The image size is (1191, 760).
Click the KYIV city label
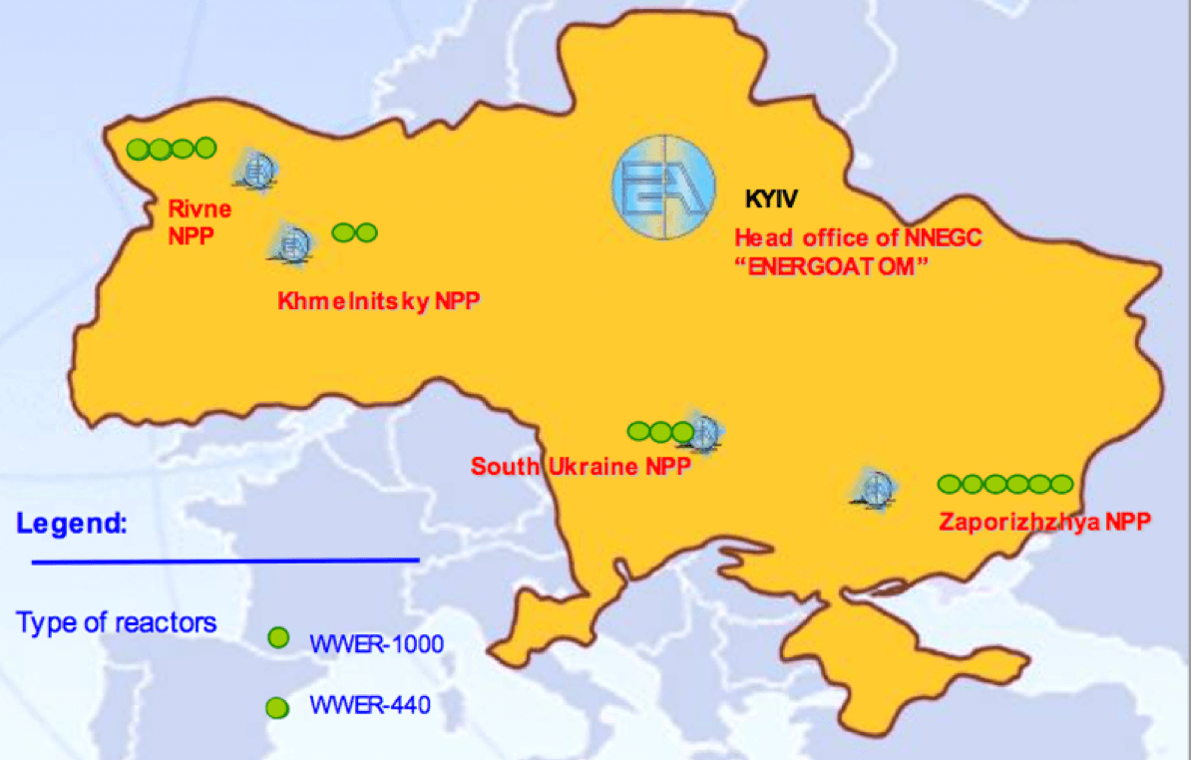(x=772, y=198)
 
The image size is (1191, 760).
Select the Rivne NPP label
(x=199, y=221)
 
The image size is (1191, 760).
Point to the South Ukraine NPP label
(x=581, y=466)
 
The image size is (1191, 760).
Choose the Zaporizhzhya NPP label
(x=1044, y=520)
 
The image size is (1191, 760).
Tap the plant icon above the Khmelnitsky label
(x=292, y=242)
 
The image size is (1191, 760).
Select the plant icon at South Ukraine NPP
(x=705, y=432)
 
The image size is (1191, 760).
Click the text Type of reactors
(x=116, y=623)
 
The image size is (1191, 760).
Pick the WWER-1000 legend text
(x=376, y=643)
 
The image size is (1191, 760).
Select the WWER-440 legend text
(x=370, y=706)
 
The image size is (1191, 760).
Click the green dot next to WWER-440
(x=276, y=707)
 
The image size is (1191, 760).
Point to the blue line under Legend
(x=225, y=561)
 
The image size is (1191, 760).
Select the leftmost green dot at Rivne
(x=138, y=150)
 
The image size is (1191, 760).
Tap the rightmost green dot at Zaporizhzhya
(x=1061, y=484)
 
